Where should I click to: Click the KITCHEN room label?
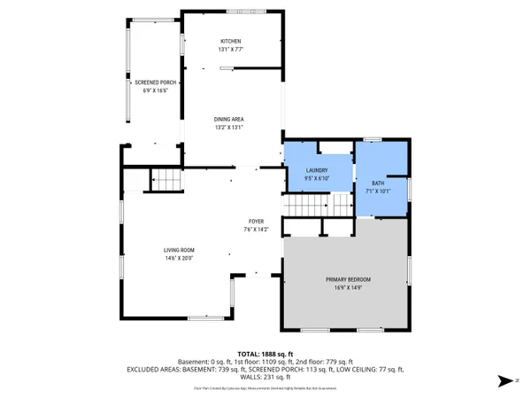point(230,42)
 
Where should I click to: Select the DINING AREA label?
point(228,119)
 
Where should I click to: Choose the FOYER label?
point(255,222)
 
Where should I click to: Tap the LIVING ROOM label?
point(154,250)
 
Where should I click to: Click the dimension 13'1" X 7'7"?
point(230,50)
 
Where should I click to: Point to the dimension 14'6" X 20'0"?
point(154,258)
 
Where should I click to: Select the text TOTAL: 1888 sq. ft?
point(265,352)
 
